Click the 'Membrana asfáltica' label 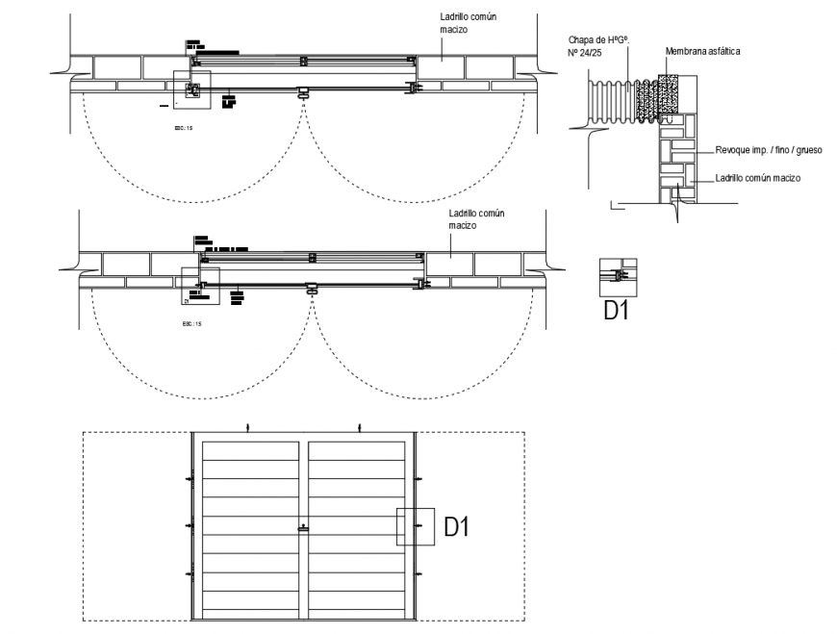point(702,51)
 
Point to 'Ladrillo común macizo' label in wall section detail point(758,178)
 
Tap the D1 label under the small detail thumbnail point(616,311)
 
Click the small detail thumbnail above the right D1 point(616,275)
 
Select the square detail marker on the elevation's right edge point(415,526)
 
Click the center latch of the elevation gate point(304,526)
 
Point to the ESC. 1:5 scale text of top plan point(183,126)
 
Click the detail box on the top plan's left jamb point(190,89)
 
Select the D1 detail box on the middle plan point(201,286)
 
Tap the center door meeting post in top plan point(303,93)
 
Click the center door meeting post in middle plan point(312,288)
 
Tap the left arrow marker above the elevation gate point(247,426)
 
